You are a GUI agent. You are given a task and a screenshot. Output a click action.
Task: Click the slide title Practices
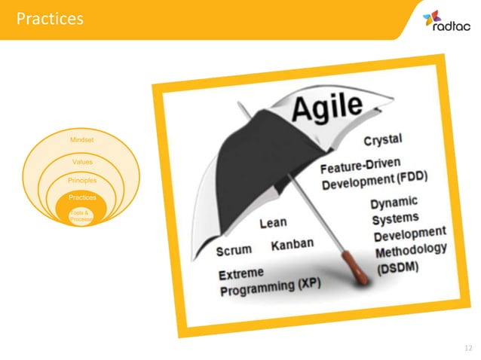(x=50, y=18)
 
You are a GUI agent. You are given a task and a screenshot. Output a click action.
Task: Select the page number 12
(x=470, y=347)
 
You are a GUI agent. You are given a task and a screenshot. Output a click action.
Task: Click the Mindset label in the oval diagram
(x=82, y=140)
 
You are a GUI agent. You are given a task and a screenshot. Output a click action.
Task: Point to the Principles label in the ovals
(x=82, y=181)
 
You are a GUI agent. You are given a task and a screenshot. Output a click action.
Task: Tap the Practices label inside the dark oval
(x=82, y=197)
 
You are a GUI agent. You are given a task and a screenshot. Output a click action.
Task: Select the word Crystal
(x=383, y=139)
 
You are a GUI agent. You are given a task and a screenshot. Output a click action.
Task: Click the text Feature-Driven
(x=360, y=166)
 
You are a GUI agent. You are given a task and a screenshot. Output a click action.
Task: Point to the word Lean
(x=273, y=224)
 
